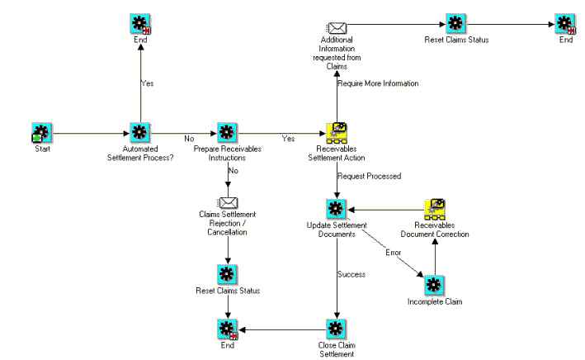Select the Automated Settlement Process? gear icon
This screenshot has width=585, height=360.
[139, 132]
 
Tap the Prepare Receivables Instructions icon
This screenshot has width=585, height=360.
[227, 132]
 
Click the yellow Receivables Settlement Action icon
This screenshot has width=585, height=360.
[336, 132]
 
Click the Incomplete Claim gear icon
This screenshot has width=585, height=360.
[434, 285]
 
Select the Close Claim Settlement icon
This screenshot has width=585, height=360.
[336, 328]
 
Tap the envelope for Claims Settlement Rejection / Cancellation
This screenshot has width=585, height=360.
[227, 202]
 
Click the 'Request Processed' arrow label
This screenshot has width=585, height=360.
[369, 176]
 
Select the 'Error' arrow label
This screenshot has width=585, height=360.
[393, 251]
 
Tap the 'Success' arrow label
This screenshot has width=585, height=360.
[351, 273]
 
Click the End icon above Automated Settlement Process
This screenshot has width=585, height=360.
[139, 23]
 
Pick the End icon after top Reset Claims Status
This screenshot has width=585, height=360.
[565, 23]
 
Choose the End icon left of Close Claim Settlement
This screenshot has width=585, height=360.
[227, 328]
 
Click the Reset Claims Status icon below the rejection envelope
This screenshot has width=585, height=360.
[227, 273]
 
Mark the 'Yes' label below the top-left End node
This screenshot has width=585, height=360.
[147, 83]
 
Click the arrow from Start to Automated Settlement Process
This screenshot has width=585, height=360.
[91, 132]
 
